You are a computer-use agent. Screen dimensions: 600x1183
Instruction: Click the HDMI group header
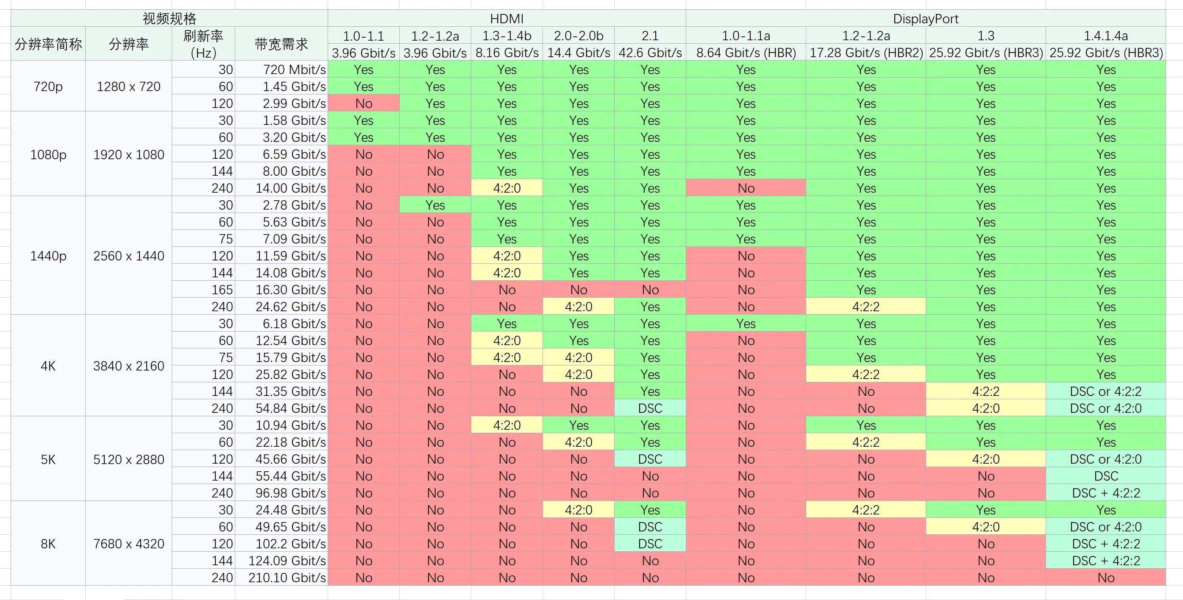507,18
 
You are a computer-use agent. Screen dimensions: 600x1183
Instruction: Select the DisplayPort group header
925,18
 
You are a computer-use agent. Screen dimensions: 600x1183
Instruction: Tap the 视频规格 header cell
169,18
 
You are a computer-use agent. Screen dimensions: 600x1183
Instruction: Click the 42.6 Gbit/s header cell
650,53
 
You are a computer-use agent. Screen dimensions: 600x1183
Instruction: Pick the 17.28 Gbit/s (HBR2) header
866,53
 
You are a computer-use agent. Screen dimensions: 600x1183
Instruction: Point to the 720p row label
48,86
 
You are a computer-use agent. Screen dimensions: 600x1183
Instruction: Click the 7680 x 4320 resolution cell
128,544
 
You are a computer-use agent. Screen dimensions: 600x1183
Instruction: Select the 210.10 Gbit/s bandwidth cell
287,578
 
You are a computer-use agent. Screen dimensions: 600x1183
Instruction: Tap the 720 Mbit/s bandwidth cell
294,70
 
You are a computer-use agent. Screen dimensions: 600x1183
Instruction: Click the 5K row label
48,459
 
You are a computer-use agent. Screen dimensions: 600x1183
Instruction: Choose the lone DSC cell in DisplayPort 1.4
1106,476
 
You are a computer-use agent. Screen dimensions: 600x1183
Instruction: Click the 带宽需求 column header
281,44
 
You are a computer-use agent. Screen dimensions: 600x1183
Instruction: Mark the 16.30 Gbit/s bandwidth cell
291,290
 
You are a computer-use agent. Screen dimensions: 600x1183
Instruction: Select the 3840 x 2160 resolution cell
128,365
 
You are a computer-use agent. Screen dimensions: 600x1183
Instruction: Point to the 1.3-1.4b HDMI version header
507,36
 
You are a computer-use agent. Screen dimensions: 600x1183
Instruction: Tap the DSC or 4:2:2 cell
1106,391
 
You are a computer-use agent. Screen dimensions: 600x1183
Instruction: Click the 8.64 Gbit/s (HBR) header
746,53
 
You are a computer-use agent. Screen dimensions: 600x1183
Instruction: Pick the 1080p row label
48,154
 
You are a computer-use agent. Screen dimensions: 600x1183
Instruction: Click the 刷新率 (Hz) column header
203,44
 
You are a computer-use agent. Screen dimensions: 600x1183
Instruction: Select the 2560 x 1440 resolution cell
128,255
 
